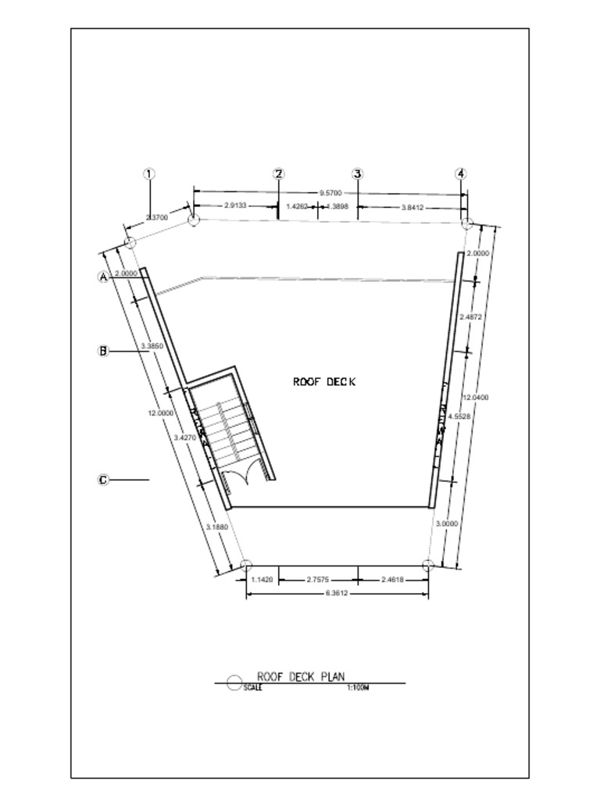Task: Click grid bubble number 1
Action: pos(151,173)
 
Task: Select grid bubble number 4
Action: pos(461,173)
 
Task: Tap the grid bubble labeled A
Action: pos(102,277)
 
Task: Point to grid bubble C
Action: pos(102,480)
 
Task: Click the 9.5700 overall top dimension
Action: pos(330,191)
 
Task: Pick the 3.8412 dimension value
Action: pos(412,207)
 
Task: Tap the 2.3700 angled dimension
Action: pos(158,218)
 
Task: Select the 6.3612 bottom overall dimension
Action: pos(334,594)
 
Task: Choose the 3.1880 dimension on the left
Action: pos(216,527)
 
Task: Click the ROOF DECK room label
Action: pos(324,382)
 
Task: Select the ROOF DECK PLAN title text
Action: pos(301,677)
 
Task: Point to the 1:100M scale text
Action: pos(356,688)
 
